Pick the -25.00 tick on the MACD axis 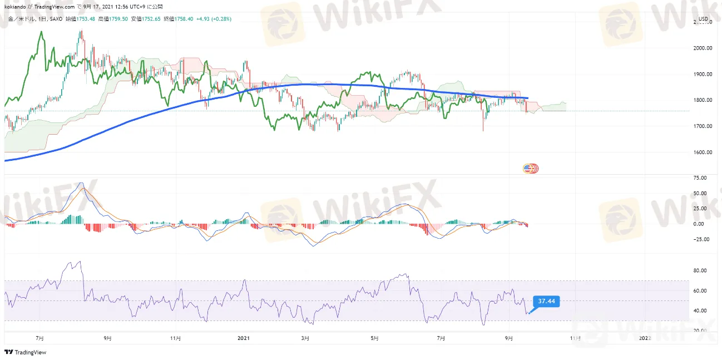click(701, 240)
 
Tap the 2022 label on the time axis click(644, 338)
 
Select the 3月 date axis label click(305, 338)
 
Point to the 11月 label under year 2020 click(175, 338)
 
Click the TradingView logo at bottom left click(25, 352)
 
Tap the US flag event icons click(531, 168)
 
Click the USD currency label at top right click(703, 19)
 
